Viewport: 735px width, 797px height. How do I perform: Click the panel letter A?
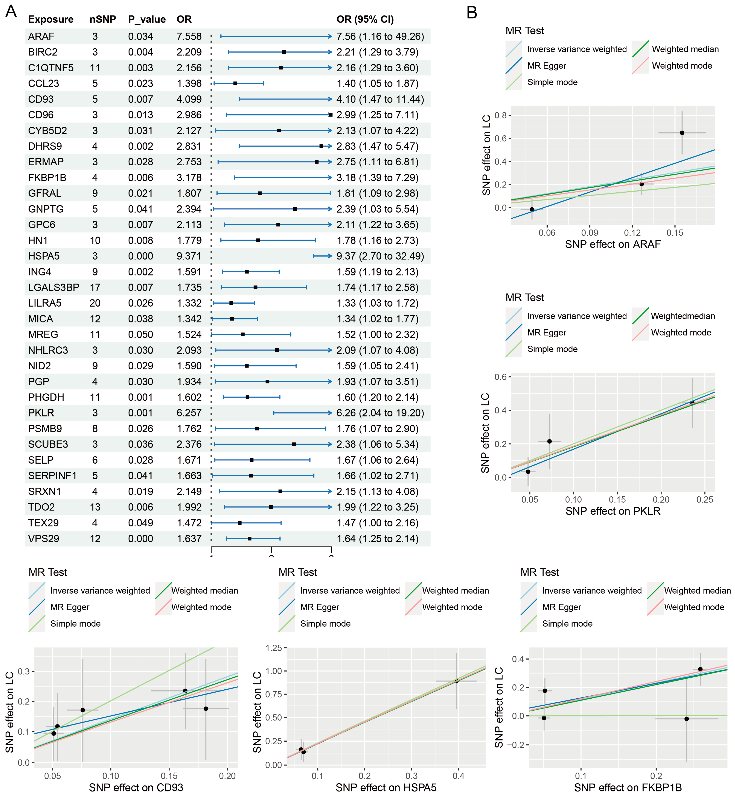tap(11, 11)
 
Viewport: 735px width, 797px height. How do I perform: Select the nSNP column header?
tap(103, 19)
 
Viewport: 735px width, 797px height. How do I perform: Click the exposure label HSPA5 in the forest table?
tap(44, 256)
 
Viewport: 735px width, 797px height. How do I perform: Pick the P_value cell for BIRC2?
tap(140, 52)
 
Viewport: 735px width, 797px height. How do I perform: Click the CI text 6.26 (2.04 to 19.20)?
tap(380, 413)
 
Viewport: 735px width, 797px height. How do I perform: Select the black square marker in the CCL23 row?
tap(235, 84)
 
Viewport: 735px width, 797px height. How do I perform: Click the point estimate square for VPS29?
tap(249, 539)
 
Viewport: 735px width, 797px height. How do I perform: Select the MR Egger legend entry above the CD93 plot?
tap(70, 607)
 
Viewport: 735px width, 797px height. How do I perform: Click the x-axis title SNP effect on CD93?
tap(136, 787)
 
